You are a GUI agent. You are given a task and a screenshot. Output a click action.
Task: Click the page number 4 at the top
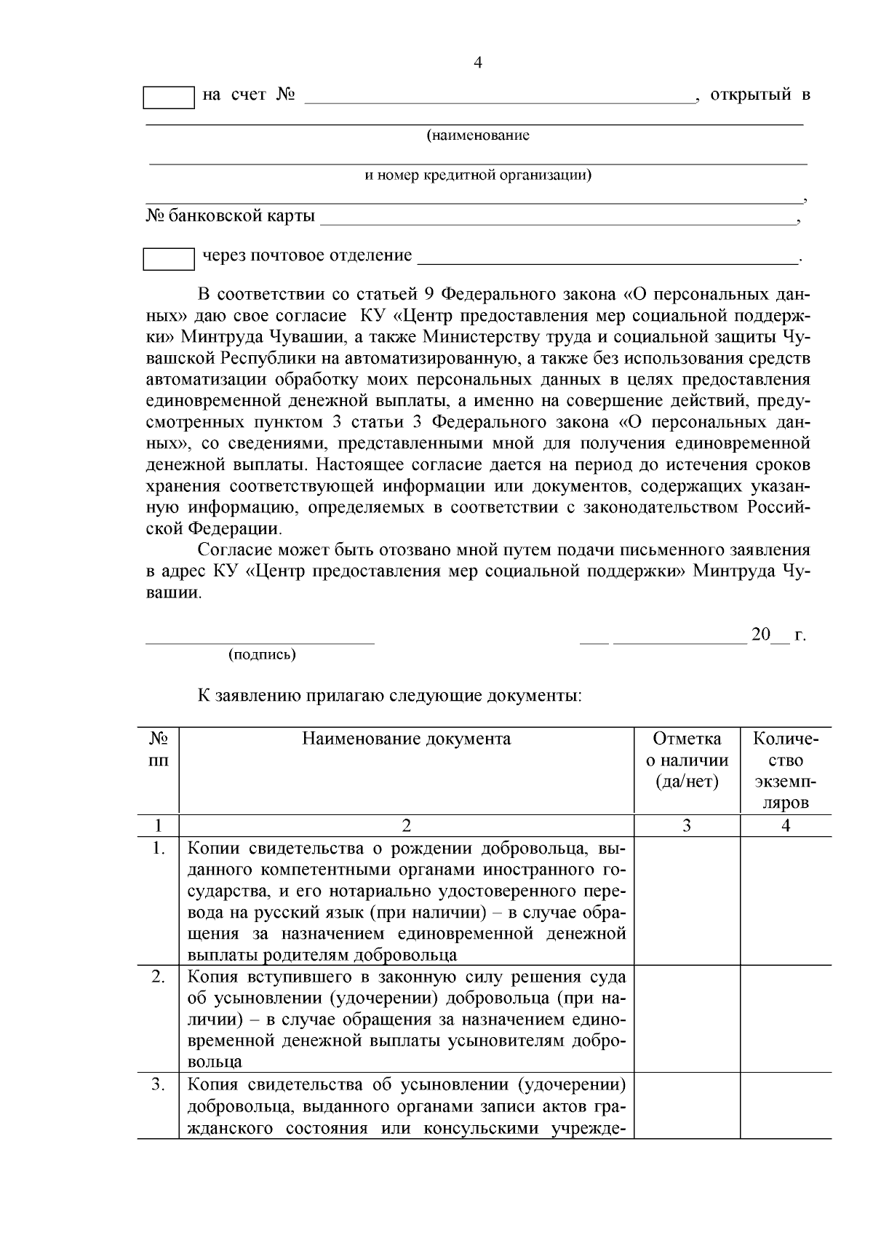(x=478, y=63)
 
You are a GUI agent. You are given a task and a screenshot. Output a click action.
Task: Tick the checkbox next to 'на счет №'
(x=169, y=98)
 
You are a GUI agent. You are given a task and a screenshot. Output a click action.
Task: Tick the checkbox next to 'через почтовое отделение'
(x=169, y=259)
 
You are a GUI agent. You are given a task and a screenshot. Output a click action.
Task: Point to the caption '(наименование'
(x=478, y=135)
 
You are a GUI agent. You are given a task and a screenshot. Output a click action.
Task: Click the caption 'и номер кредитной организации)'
(x=478, y=175)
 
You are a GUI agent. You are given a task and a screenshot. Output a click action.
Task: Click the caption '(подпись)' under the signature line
(x=262, y=654)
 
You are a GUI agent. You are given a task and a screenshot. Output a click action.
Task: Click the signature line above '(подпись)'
(x=260, y=642)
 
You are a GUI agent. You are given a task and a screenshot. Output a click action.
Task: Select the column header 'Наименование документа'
(x=407, y=739)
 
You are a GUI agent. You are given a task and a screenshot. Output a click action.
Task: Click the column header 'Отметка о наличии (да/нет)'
(x=687, y=761)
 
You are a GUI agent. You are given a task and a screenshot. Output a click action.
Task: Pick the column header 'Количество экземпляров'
(x=786, y=771)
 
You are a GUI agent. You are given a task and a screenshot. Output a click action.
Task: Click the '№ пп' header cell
(x=159, y=750)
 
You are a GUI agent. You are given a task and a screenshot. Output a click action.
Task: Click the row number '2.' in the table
(x=159, y=977)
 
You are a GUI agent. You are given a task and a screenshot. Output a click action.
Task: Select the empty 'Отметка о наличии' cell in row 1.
(x=687, y=901)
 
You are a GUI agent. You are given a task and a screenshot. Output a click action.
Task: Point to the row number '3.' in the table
(x=159, y=1085)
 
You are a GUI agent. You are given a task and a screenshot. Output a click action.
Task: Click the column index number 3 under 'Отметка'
(x=687, y=825)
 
